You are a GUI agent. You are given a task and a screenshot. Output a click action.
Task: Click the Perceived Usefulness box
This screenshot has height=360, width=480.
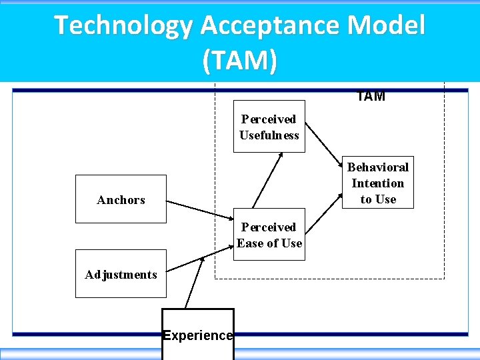(x=269, y=127)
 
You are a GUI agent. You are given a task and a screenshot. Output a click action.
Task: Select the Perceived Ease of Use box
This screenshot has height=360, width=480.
(x=269, y=235)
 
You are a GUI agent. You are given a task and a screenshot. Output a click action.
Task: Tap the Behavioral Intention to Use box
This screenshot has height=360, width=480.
(x=377, y=183)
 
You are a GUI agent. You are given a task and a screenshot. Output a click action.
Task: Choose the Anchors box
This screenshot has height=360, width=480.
(x=121, y=199)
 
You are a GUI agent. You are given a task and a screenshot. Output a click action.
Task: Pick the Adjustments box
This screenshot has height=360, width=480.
(x=121, y=274)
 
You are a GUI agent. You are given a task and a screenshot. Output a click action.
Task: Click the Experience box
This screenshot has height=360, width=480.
(x=198, y=334)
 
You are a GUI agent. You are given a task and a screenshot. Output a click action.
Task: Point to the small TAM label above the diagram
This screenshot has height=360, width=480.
(x=371, y=96)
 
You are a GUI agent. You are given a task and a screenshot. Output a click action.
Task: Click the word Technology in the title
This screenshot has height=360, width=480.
(x=123, y=26)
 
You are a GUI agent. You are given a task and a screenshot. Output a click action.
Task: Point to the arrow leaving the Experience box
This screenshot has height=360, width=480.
(x=193, y=283)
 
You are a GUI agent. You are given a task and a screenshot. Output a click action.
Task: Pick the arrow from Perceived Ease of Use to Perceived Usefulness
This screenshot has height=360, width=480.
(x=268, y=179)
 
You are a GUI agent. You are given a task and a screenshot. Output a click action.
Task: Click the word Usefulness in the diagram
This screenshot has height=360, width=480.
(x=269, y=135)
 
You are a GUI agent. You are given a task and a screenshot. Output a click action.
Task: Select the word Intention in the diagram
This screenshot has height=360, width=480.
(x=377, y=183)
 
